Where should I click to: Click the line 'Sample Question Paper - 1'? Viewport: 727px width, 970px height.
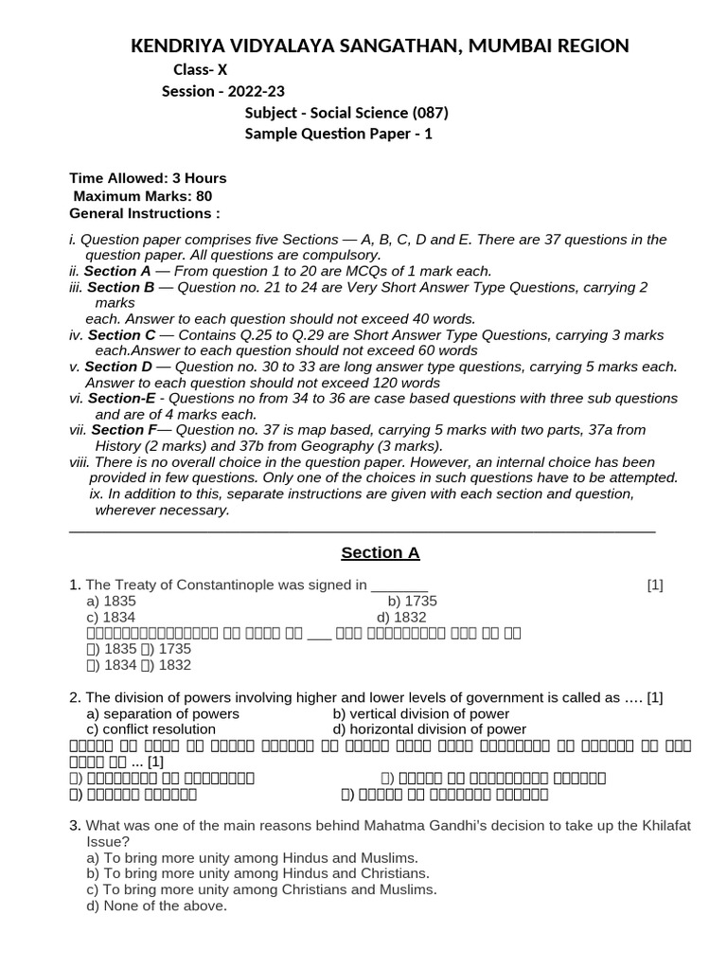click(339, 134)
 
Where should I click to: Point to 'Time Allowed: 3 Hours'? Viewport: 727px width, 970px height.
click(148, 178)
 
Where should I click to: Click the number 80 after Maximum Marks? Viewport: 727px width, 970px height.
click(204, 196)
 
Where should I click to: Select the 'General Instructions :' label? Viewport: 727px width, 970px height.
click(145, 213)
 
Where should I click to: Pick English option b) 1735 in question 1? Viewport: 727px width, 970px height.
click(412, 601)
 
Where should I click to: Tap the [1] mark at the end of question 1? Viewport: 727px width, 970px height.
click(655, 584)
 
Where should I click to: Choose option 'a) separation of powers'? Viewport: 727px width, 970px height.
click(163, 713)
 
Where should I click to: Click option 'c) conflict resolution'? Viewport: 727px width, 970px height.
click(151, 729)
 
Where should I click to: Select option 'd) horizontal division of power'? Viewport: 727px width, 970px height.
click(430, 729)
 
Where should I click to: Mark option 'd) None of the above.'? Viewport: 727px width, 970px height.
click(157, 906)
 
